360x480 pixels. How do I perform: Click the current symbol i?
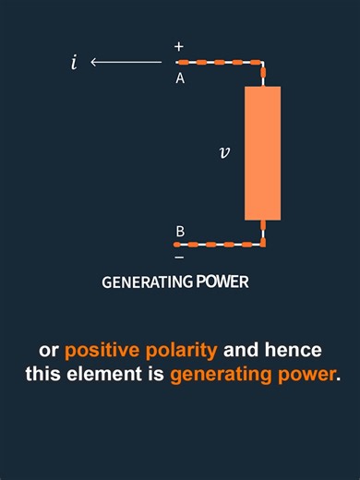pyautogui.click(x=74, y=63)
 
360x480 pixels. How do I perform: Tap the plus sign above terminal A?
pyautogui.click(x=179, y=46)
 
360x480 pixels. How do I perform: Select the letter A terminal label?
pyautogui.click(x=180, y=78)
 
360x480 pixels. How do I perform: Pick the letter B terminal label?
pyautogui.click(x=179, y=231)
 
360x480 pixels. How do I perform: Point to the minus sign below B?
pyautogui.click(x=179, y=257)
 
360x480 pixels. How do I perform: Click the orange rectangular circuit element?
pyautogui.click(x=262, y=153)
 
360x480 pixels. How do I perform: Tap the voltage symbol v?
pyautogui.click(x=224, y=152)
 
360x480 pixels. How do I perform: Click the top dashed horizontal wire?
pyautogui.click(x=218, y=63)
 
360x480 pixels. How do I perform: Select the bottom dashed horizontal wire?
pyautogui.click(x=218, y=245)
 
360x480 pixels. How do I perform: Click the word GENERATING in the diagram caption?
pyautogui.click(x=147, y=282)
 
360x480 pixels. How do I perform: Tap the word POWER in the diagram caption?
pyautogui.click(x=222, y=282)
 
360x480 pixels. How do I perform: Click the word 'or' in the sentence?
pyautogui.click(x=50, y=351)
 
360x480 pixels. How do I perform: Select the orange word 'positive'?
pyautogui.click(x=102, y=351)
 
